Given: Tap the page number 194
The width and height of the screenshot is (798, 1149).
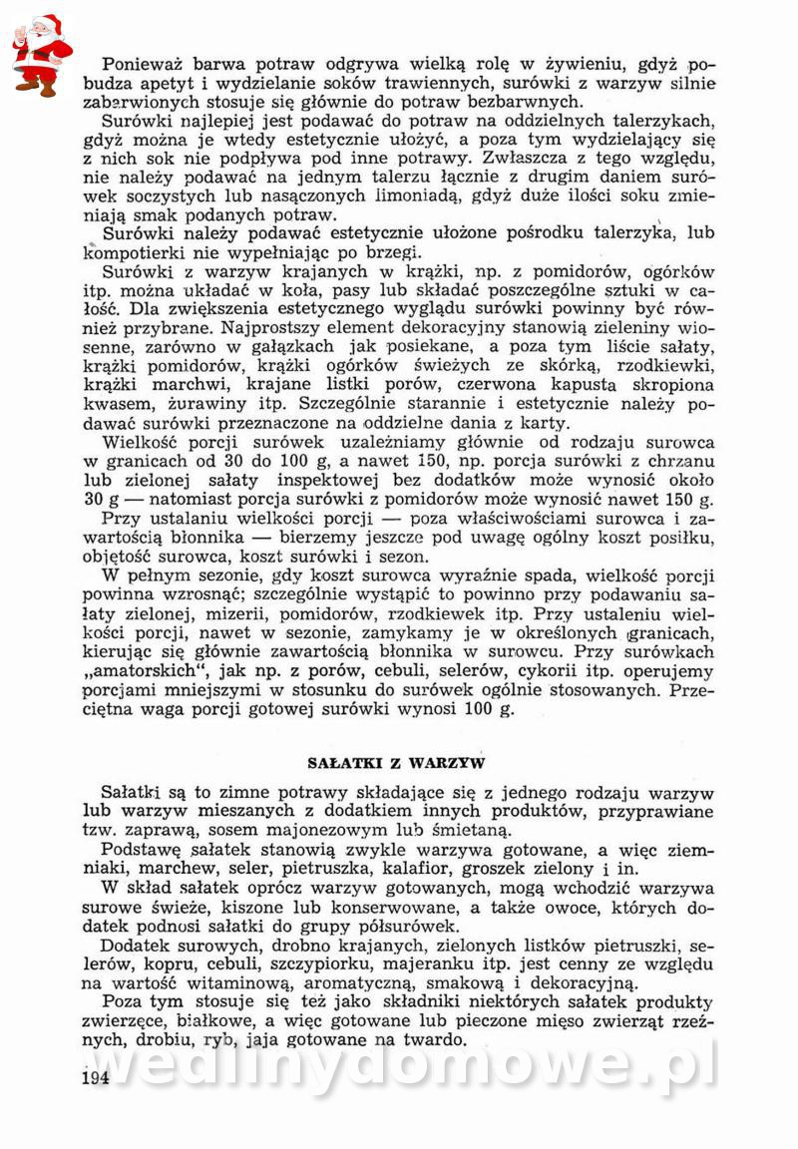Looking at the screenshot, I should click(96, 1078).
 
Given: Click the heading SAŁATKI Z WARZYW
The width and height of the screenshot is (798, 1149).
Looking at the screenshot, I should click(398, 763).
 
